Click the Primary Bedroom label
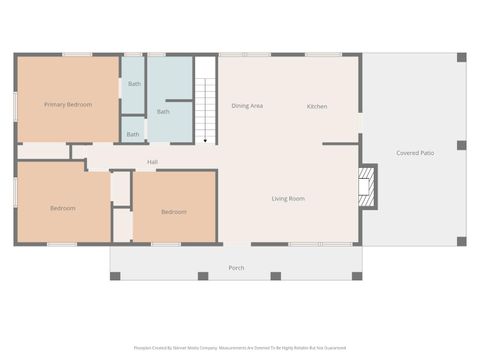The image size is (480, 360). tap(68, 104)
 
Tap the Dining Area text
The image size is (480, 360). tap(247, 106)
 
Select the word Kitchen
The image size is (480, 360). tap(317, 106)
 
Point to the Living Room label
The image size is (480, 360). tap(288, 199)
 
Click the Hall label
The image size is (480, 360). tap(152, 162)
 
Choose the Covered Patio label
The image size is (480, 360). tap(414, 153)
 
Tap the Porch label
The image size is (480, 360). tap(236, 268)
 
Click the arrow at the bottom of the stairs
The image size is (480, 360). tap(205, 141)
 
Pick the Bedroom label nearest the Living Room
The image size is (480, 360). tap(174, 211)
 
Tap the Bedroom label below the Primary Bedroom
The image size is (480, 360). tap(63, 208)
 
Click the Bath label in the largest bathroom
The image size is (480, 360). tap(163, 111)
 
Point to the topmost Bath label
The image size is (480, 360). tap(134, 84)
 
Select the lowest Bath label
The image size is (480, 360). tap(133, 134)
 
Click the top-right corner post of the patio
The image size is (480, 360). tap(461, 58)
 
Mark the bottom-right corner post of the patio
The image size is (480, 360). tap(461, 241)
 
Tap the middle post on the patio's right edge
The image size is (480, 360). tap(461, 145)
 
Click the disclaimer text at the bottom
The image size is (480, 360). tap(239, 348)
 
